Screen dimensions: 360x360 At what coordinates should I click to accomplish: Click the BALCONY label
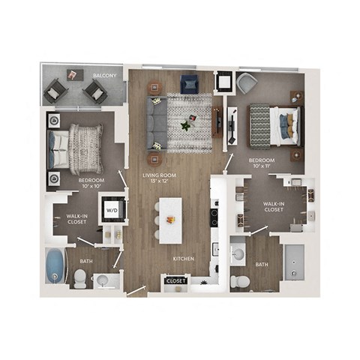tap(103, 76)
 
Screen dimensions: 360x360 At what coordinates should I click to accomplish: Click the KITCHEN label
tap(184, 259)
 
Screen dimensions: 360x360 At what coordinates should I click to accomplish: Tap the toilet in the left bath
tap(79, 278)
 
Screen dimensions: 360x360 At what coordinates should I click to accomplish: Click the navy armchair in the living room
tap(188, 85)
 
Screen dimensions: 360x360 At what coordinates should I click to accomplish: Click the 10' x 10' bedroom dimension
tap(91, 187)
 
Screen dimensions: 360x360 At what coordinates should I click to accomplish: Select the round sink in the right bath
tap(239, 253)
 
